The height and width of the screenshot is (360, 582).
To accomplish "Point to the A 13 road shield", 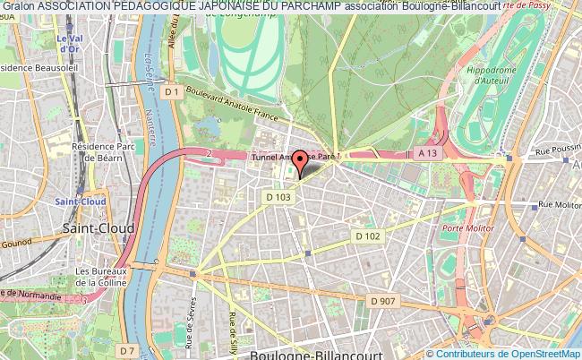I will pos(430,154).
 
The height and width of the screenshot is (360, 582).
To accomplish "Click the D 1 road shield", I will pos(173,91).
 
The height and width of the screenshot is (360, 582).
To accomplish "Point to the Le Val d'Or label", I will pos(68,44).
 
